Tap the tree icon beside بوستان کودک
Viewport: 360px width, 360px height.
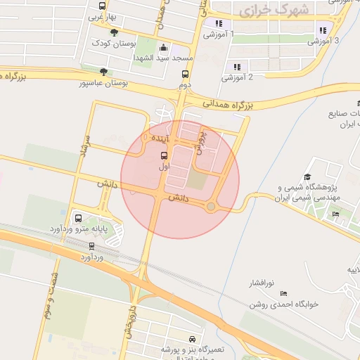click(x=114, y=32)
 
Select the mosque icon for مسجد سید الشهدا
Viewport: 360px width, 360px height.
click(x=164, y=49)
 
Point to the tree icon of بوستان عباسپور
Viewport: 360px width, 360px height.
click(x=104, y=71)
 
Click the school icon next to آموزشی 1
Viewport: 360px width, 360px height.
click(x=219, y=23)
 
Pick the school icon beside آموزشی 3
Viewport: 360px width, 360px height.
click(x=323, y=30)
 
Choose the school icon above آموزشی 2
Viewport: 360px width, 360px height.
click(x=236, y=67)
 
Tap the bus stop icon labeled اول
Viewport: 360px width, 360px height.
click(x=164, y=155)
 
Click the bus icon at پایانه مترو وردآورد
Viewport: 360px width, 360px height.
click(x=77, y=218)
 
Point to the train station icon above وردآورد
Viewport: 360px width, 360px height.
click(x=91, y=245)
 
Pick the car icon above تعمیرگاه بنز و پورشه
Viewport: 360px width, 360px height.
click(x=192, y=339)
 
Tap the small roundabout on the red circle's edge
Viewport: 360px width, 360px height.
click(x=210, y=206)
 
